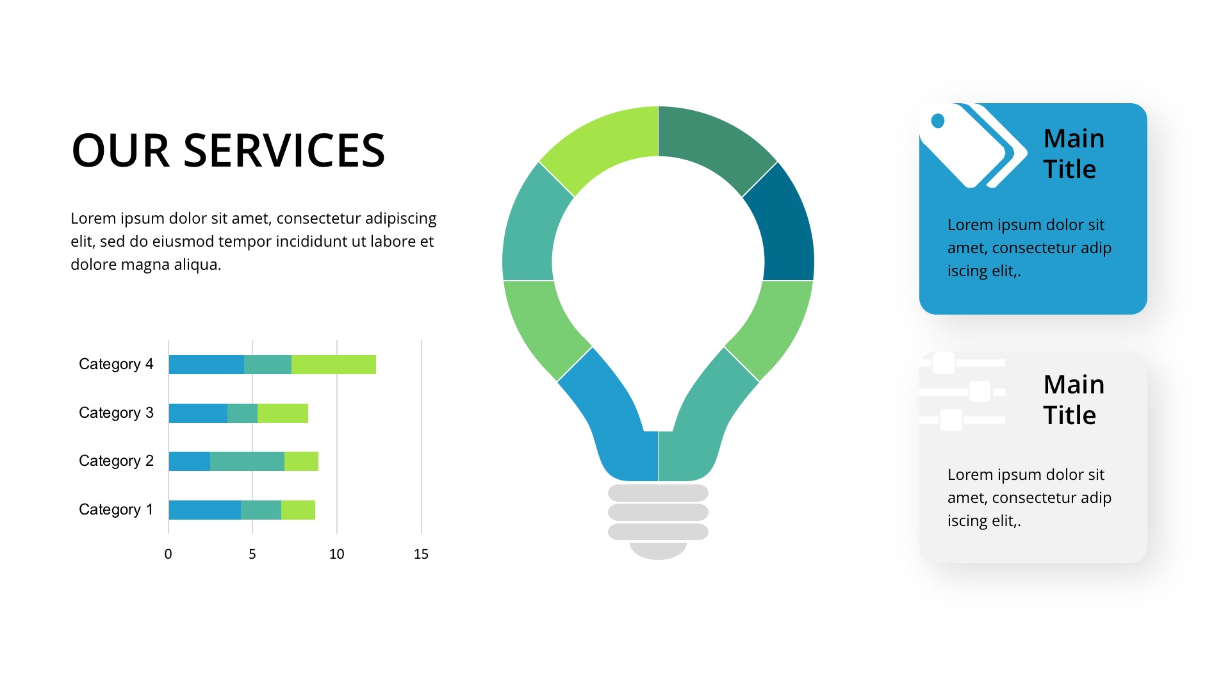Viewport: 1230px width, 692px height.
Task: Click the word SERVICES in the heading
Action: coord(284,151)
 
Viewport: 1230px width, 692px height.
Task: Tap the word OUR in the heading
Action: coord(121,151)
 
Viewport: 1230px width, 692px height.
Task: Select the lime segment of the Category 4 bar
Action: coord(334,365)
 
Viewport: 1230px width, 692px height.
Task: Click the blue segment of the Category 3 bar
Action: coord(198,413)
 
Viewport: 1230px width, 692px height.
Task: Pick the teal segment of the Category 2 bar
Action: coord(247,461)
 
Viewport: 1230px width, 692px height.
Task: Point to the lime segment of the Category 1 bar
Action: coord(298,510)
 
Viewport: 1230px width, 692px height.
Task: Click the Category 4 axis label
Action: coord(116,364)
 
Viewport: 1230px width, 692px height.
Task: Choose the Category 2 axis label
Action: coord(116,461)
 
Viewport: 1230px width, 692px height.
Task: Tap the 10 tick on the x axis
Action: coord(337,554)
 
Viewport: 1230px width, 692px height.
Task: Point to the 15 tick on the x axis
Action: coord(421,554)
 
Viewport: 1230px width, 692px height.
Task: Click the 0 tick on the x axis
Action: coord(168,554)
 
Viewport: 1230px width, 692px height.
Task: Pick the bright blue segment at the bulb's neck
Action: coord(612,423)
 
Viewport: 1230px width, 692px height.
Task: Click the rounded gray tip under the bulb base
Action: coord(658,550)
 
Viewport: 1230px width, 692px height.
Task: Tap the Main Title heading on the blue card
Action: coord(1074,154)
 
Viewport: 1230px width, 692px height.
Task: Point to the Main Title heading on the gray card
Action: coord(1074,400)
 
